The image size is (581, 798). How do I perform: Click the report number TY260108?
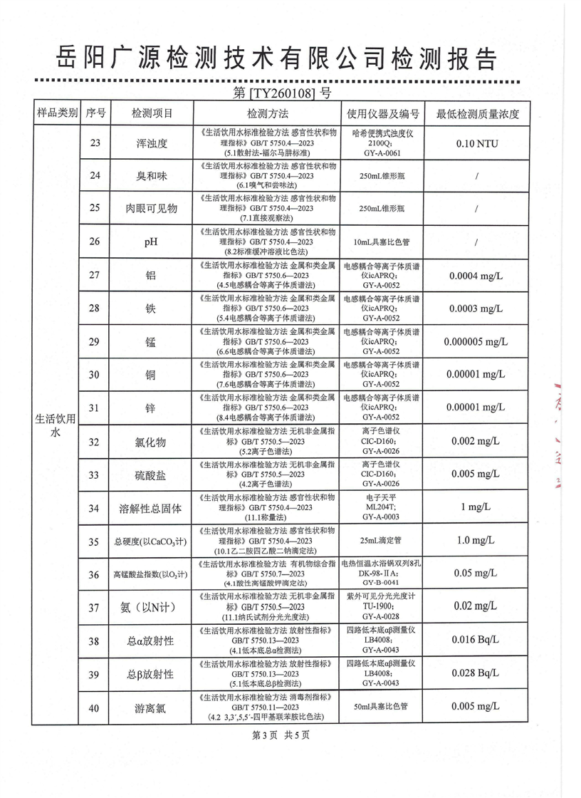(x=282, y=93)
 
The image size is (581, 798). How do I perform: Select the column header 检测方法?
(x=268, y=114)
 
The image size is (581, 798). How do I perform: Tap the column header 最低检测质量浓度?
(x=478, y=114)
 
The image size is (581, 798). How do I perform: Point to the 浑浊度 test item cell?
(x=151, y=143)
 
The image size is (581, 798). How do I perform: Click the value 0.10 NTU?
(x=475, y=143)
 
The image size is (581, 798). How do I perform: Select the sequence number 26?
(x=95, y=242)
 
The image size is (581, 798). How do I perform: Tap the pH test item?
(x=151, y=242)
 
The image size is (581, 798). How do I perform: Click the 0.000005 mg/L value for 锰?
(x=476, y=341)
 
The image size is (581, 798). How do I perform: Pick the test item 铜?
(x=151, y=375)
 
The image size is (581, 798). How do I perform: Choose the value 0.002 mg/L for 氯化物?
(x=476, y=442)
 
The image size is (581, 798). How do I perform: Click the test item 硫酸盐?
(x=151, y=475)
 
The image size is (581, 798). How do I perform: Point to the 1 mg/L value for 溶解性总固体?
(x=476, y=507)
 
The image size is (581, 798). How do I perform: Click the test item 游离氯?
(x=151, y=708)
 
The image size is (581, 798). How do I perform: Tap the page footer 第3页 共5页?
(x=281, y=735)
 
